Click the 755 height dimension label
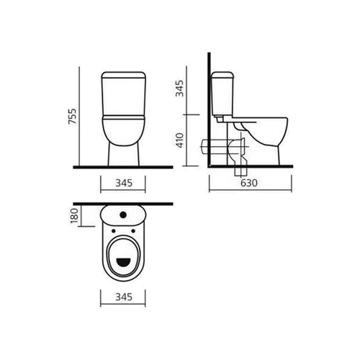pyautogui.click(x=72, y=117)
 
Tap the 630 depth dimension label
pyautogui.click(x=249, y=183)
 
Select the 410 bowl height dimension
pyautogui.click(x=180, y=140)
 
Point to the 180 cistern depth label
pyautogui.click(x=75, y=215)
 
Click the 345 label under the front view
pyautogui.click(x=124, y=183)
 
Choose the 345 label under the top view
pyautogui.click(x=124, y=297)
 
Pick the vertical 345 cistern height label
pyautogui.click(x=179, y=89)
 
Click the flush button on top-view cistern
pyautogui.click(x=124, y=215)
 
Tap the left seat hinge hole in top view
pyautogui.click(x=114, y=231)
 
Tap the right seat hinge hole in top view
pyautogui.click(x=133, y=231)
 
